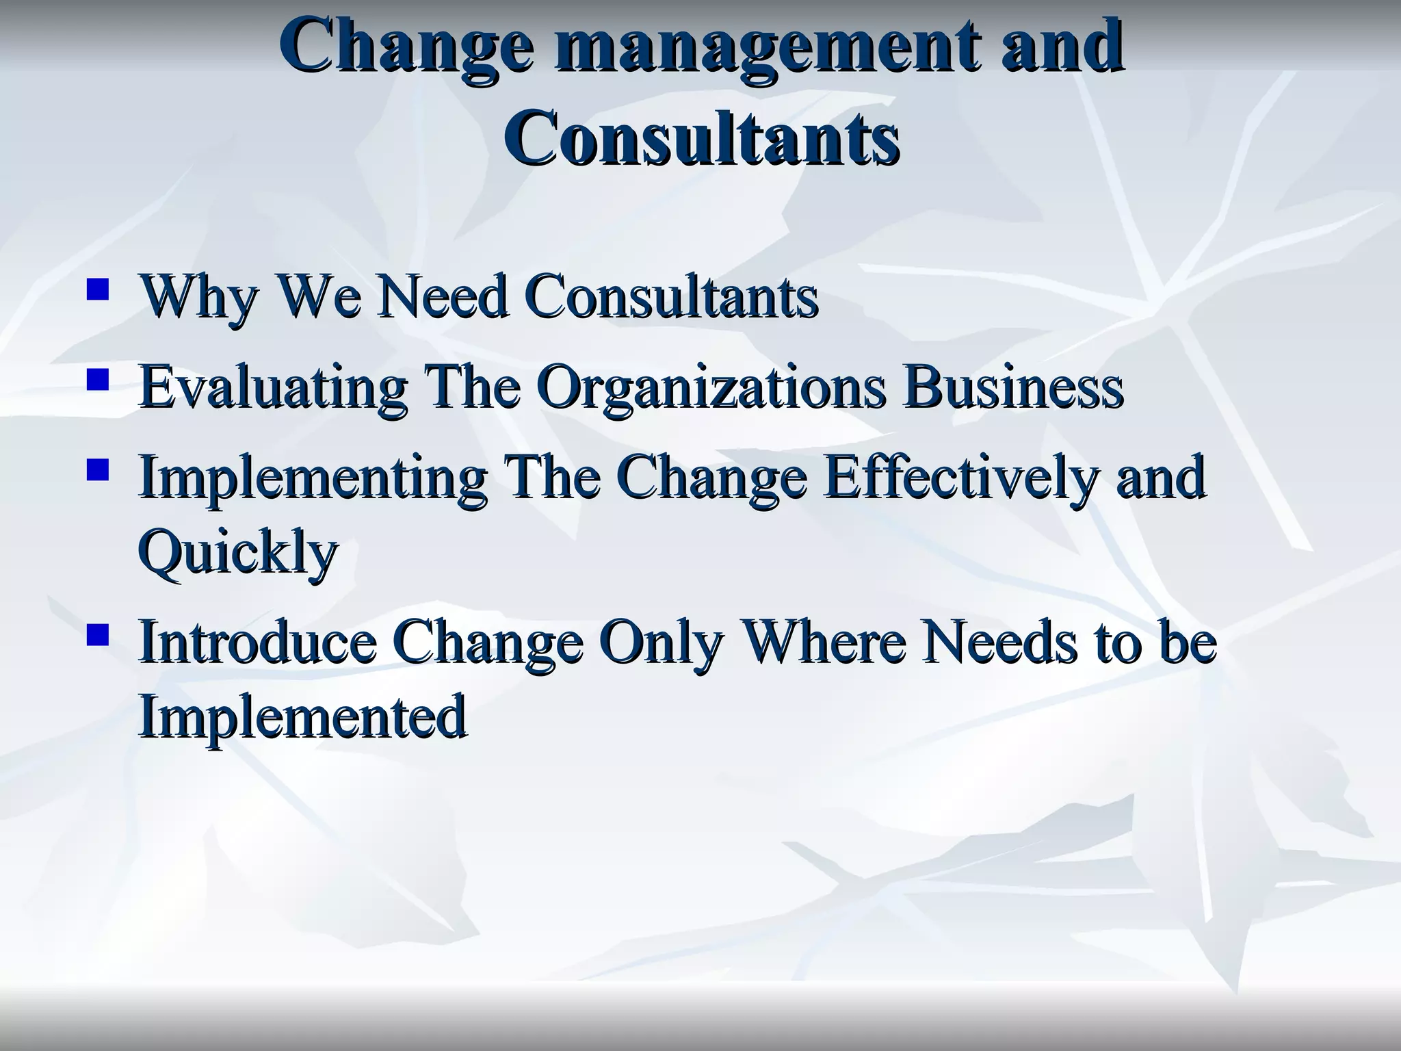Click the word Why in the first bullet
(199, 298)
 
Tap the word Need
(443, 297)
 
